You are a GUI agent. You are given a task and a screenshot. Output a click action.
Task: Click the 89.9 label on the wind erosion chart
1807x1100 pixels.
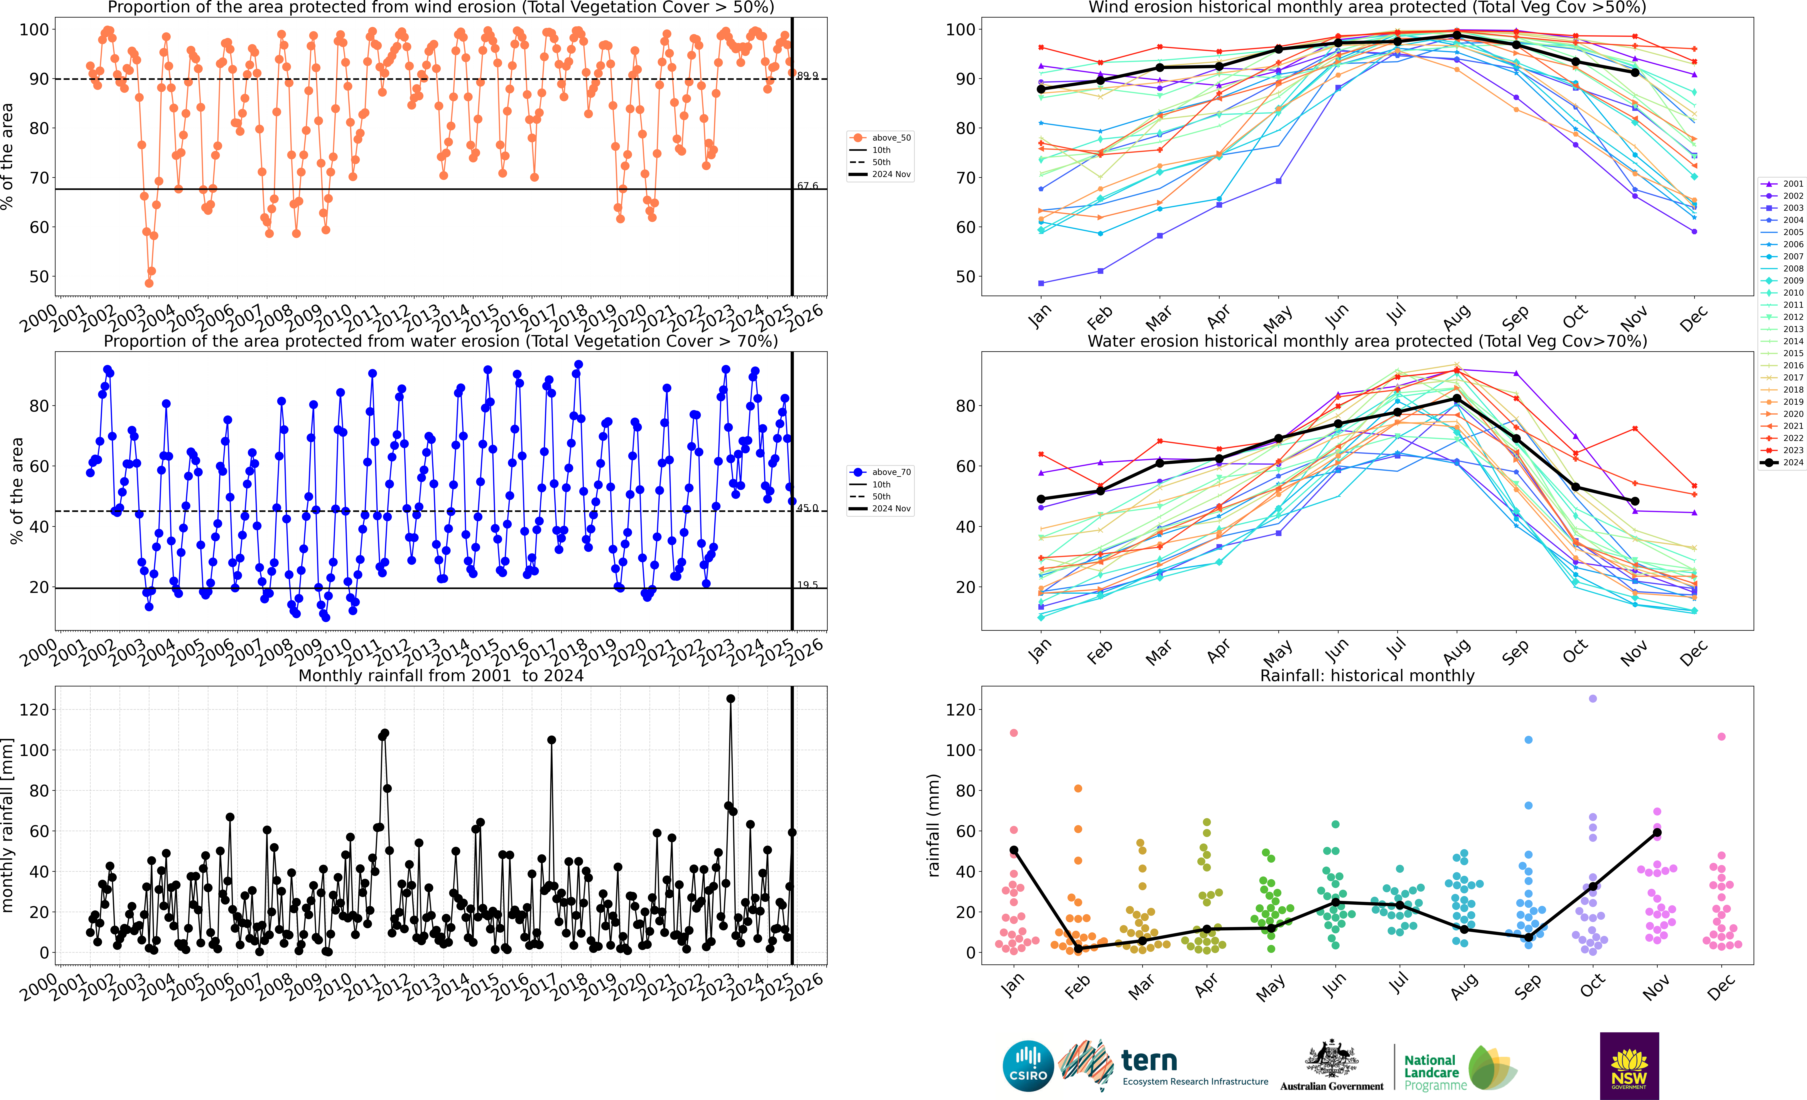coord(807,76)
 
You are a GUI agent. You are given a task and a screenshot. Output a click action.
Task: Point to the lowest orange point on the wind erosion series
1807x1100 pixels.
coord(149,283)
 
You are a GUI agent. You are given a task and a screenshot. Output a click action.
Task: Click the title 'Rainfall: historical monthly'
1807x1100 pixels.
coord(1367,675)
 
